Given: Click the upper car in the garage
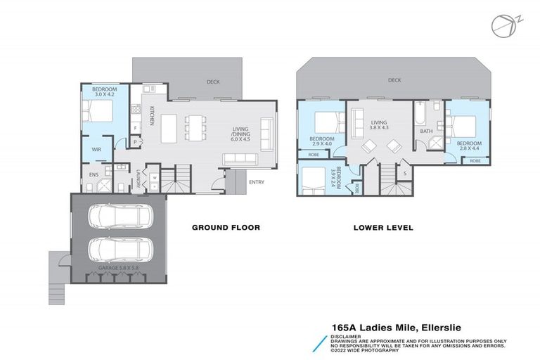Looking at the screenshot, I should point(118,217).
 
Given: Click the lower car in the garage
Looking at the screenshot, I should point(118,248).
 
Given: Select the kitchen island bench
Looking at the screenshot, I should point(169,127).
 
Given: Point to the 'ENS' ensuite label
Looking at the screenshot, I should point(93,174).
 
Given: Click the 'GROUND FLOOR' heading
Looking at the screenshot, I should point(226,228).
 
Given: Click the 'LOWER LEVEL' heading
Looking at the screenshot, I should point(384,228).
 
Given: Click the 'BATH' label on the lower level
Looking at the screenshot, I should point(426,131).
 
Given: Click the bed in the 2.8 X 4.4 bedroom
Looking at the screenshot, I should point(461,127).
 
